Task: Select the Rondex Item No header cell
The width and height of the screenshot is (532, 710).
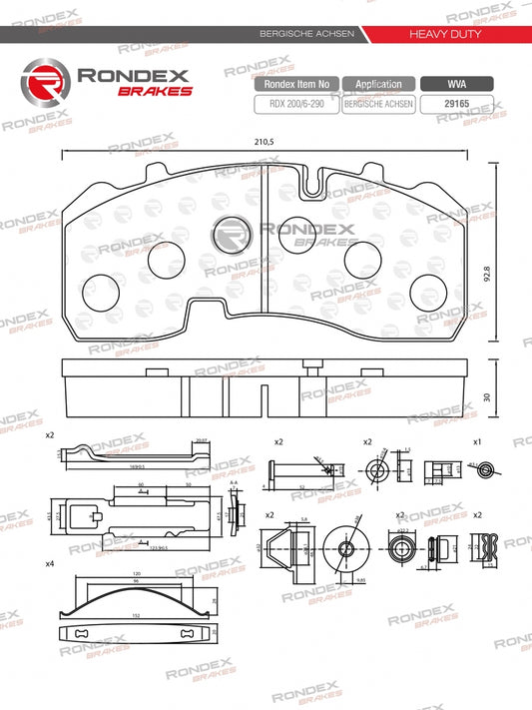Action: coord(296,85)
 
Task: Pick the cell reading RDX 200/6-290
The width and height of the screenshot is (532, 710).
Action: coord(296,103)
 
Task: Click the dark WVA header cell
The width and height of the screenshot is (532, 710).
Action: coord(456,85)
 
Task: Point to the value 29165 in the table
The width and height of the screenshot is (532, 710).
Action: coord(456,103)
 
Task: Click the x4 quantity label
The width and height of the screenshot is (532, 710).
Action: coord(50,564)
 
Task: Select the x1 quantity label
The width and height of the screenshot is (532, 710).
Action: coord(476,440)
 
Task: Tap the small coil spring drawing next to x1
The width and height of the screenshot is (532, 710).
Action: coord(487,469)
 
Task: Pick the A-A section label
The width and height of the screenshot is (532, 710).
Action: coord(233,482)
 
